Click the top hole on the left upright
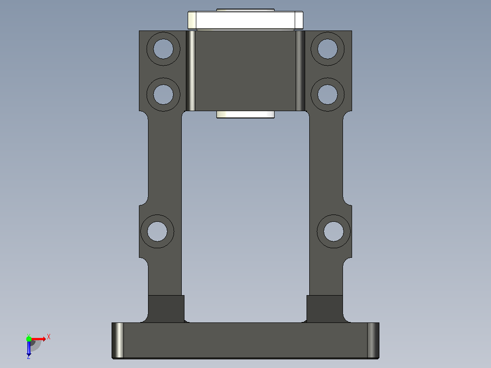point(163,49)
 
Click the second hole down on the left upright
point(163,95)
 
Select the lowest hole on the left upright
point(157,231)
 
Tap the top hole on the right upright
point(327,49)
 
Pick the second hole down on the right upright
point(327,95)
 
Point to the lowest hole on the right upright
point(333,231)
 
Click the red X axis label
point(49,337)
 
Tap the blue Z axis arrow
point(29,348)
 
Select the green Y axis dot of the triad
point(29,338)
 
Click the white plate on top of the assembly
point(245,20)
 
